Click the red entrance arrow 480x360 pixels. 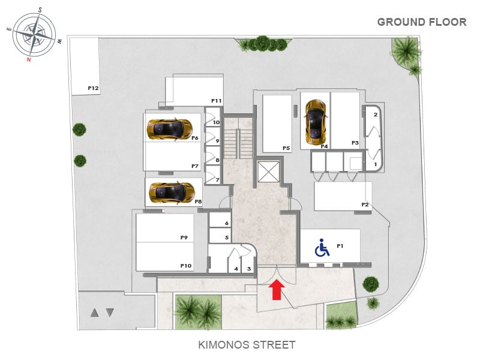point(277,290)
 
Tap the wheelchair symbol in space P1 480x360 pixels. point(322,247)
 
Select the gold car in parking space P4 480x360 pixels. point(316,122)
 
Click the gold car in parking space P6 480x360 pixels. point(170,129)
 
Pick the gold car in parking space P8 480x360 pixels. point(172,193)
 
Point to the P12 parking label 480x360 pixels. point(93,88)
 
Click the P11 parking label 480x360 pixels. point(216,101)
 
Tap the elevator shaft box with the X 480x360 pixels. point(268,172)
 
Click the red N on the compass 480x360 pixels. point(29,59)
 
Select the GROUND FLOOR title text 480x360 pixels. point(422,22)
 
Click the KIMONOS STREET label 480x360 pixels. point(247,344)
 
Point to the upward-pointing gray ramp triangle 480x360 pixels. point(94,313)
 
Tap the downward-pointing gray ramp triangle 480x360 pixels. point(110,313)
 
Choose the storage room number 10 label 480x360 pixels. point(216,122)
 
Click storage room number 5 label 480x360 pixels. point(227,238)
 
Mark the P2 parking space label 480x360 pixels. point(365,205)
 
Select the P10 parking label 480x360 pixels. point(186,266)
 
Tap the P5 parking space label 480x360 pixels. point(286,148)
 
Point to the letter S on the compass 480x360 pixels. point(40,10)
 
